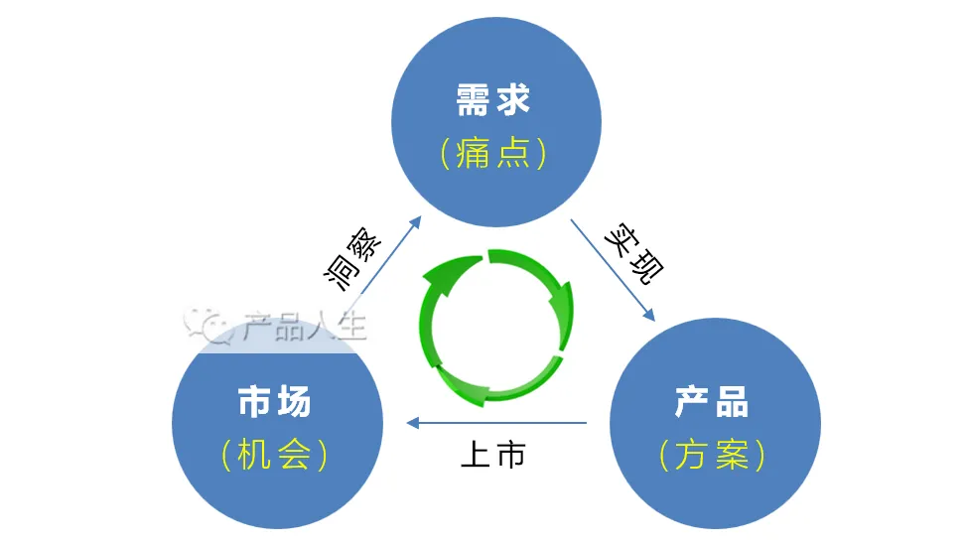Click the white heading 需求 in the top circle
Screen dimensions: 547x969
tap(493, 100)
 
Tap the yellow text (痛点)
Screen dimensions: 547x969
tap(493, 153)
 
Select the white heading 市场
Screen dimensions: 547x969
tap(274, 402)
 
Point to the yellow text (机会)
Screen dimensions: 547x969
tap(274, 455)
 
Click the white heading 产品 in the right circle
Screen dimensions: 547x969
tap(712, 402)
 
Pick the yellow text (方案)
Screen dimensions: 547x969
tap(712, 455)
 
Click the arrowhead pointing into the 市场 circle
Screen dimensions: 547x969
tap(412, 424)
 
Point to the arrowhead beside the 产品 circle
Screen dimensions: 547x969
tap(648, 315)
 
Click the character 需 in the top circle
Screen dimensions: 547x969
tap(472, 100)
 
